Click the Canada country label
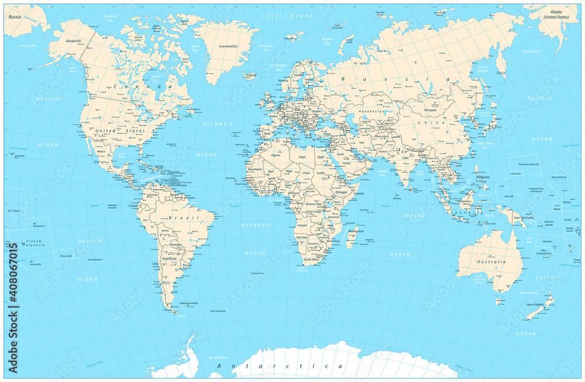(x=144, y=87)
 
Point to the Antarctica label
(x=280, y=366)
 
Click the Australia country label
(x=491, y=261)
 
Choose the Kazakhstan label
(x=372, y=111)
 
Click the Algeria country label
(x=274, y=156)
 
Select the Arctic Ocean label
(x=280, y=15)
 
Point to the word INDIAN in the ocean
(x=414, y=216)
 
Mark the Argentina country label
(x=170, y=258)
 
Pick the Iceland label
(x=251, y=75)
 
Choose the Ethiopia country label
(x=340, y=191)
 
